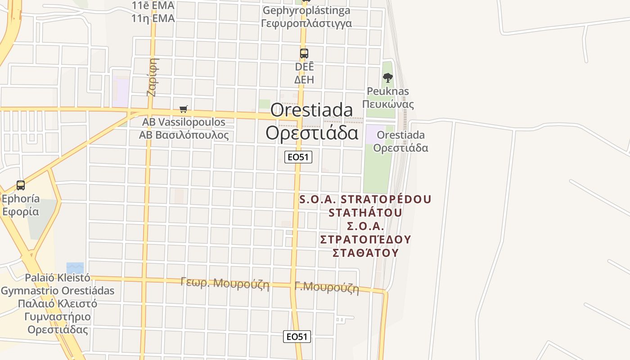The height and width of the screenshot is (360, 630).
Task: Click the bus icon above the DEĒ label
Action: (x=304, y=54)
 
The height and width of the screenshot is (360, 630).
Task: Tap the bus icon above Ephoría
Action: (x=20, y=185)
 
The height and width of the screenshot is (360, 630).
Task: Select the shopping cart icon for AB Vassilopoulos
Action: (x=183, y=109)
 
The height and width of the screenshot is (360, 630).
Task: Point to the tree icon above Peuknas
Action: (x=387, y=78)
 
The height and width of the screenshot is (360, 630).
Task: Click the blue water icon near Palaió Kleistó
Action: (x=75, y=268)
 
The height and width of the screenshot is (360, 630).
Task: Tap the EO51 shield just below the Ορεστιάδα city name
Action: (x=298, y=157)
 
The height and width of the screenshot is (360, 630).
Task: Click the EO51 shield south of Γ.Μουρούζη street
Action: (x=297, y=337)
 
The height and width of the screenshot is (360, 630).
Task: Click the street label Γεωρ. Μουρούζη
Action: (x=225, y=283)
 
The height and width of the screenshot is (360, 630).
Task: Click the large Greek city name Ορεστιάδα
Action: (x=312, y=133)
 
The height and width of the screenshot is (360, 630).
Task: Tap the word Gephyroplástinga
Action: (x=306, y=10)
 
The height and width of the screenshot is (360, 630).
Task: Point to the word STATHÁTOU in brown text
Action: (x=365, y=212)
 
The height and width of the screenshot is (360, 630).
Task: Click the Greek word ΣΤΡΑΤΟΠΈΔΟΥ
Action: (x=365, y=239)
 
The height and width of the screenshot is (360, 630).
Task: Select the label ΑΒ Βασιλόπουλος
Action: (x=184, y=135)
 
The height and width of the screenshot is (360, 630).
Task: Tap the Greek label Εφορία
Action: (x=21, y=211)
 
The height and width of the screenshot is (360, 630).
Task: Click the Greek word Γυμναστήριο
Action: (x=58, y=316)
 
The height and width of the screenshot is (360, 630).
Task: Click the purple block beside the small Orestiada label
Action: (x=373, y=135)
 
